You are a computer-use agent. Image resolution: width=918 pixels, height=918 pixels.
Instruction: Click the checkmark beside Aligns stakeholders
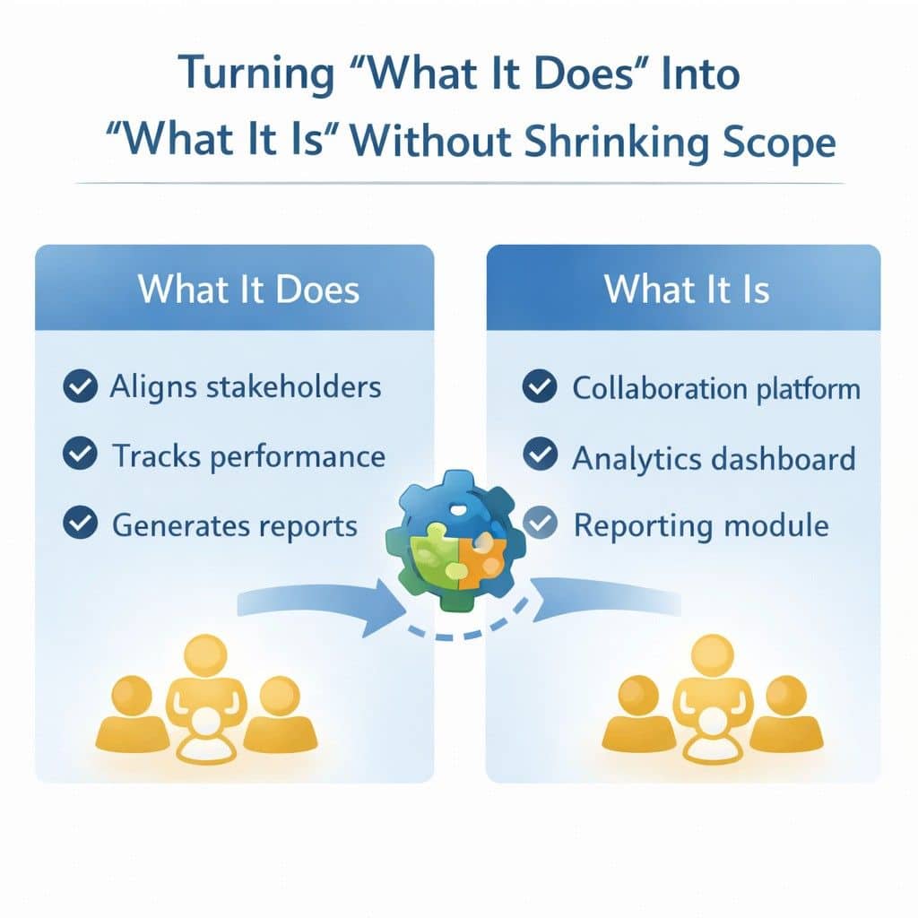click(x=81, y=387)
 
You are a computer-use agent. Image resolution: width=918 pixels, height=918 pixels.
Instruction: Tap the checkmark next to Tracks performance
click(x=81, y=455)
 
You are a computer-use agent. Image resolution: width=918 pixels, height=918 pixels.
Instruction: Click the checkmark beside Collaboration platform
click(x=540, y=387)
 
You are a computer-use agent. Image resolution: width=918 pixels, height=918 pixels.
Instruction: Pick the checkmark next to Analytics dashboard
click(x=540, y=456)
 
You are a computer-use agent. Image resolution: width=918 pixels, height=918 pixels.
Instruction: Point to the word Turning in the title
click(x=251, y=74)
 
